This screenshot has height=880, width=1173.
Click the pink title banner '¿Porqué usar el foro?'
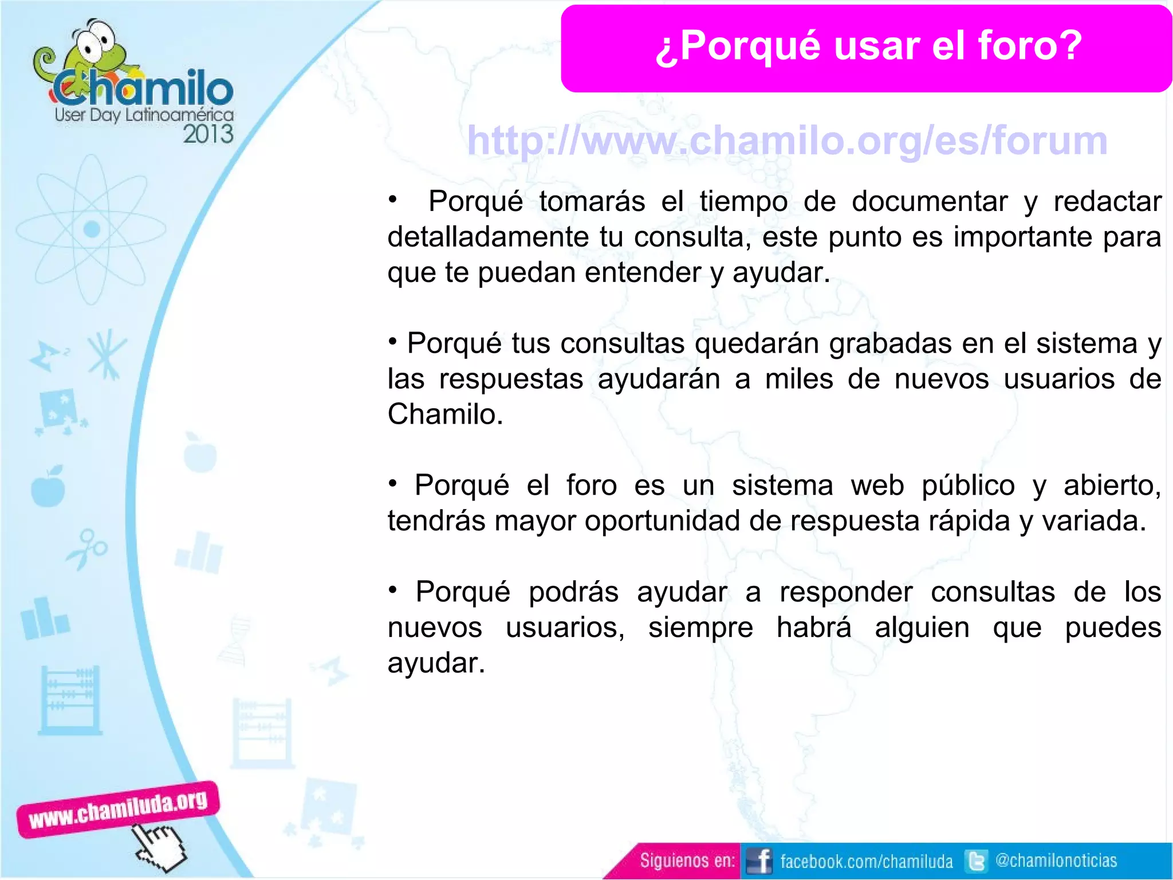pyautogui.click(x=866, y=48)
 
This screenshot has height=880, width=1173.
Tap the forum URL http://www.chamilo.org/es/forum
pyautogui.click(x=787, y=141)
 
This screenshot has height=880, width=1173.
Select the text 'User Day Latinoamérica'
pyautogui.click(x=144, y=115)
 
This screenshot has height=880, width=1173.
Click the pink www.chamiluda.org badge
pyautogui.click(x=118, y=809)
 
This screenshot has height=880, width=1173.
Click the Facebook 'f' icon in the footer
pyautogui.click(x=760, y=861)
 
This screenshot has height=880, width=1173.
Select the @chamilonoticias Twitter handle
pyautogui.click(x=1056, y=861)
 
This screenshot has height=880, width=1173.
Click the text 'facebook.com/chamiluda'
pyautogui.click(x=866, y=861)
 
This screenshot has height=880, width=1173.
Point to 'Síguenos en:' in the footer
pyautogui.click(x=687, y=861)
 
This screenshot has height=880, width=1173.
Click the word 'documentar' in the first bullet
pyautogui.click(x=929, y=202)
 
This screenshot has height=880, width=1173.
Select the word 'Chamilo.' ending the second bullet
pyautogui.click(x=445, y=414)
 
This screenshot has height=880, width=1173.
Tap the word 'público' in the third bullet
pyautogui.click(x=968, y=486)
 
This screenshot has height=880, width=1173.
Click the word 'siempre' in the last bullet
pyautogui.click(x=700, y=628)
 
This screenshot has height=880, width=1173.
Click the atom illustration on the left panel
pyautogui.click(x=91, y=229)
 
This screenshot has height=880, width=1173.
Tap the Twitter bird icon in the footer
pyautogui.click(x=976, y=861)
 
